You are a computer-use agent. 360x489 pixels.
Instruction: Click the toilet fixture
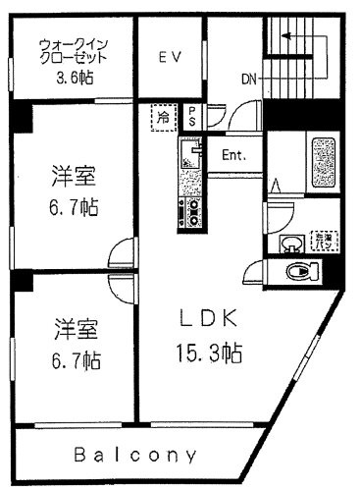tap(299, 272)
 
